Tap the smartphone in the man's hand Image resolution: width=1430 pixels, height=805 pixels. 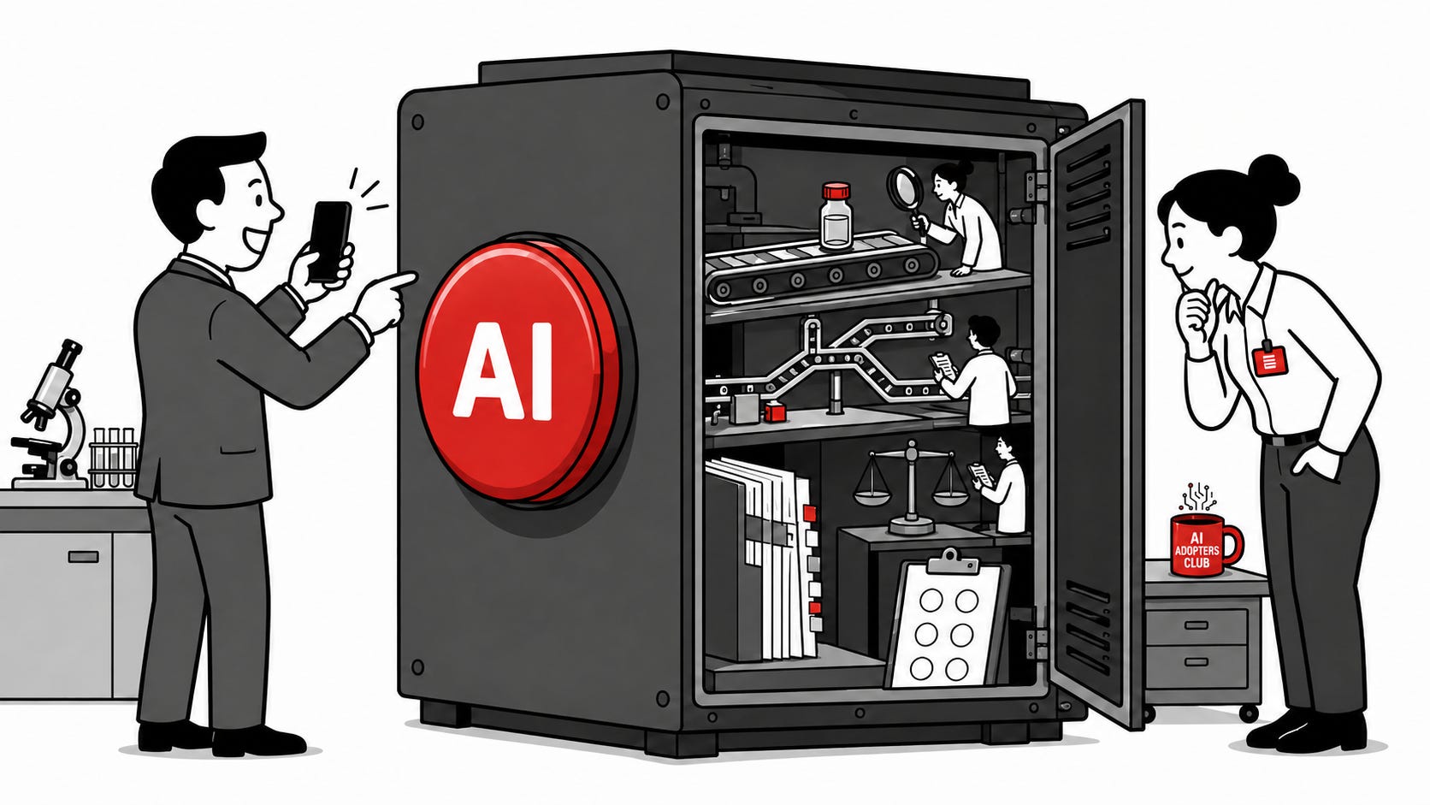point(329,241)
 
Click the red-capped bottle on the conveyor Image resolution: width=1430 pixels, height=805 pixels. point(836,215)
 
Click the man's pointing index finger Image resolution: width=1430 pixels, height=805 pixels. point(399,280)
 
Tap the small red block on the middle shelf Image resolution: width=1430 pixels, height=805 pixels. point(775,411)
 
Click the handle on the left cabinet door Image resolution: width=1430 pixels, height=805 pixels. point(83,557)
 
